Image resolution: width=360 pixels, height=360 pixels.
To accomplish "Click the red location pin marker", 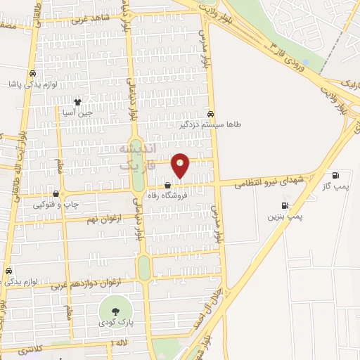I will tap(181, 165).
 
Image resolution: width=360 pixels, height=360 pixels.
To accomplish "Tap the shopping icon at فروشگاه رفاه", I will tap(167, 185).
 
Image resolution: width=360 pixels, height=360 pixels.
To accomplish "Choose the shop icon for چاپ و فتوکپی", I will tap(56, 194).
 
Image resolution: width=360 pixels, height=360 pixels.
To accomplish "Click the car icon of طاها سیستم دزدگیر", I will tap(212, 112).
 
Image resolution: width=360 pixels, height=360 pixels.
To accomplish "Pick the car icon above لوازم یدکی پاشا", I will tap(32, 74).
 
